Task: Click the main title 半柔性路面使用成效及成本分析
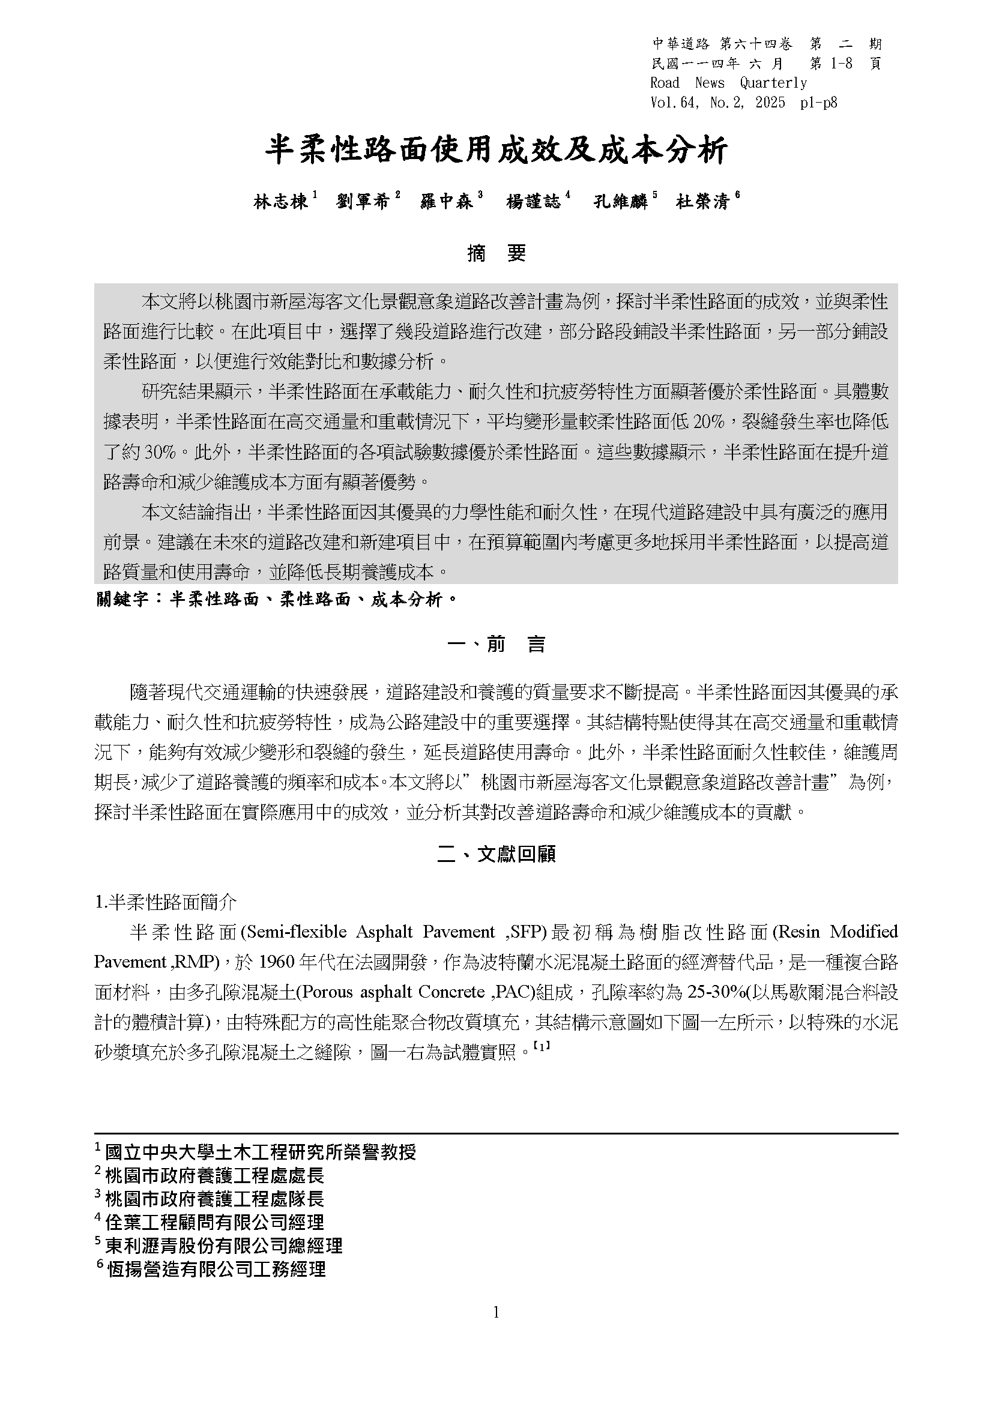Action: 496,151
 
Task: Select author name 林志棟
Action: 280,201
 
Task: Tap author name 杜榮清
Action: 702,201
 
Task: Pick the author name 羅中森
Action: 447,201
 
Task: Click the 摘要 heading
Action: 496,253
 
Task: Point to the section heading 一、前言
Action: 496,644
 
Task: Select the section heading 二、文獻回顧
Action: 496,854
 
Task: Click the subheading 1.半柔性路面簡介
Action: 166,902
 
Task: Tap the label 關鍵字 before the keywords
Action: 122,599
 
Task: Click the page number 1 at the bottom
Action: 496,1312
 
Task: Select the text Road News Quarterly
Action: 728,83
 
